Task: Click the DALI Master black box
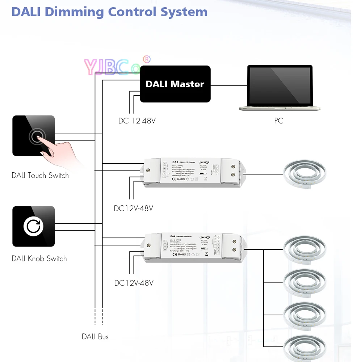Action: pos(175,84)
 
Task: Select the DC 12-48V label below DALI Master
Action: pos(137,121)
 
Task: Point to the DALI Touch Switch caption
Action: pos(40,176)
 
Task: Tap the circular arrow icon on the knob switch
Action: pos(33,226)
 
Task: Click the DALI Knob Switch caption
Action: pos(39,258)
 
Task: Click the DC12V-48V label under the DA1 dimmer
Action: pos(134,209)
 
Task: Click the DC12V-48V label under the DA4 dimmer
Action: pos(134,283)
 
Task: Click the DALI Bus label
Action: pos(95,337)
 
